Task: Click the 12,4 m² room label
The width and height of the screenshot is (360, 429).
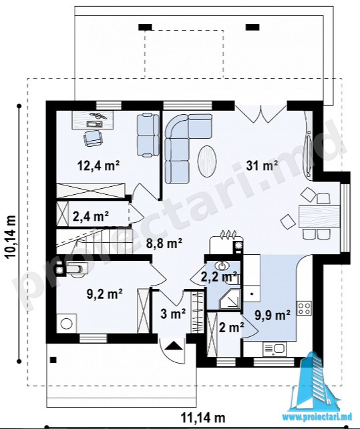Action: tap(98, 165)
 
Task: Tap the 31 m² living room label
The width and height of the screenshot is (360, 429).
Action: tap(262, 165)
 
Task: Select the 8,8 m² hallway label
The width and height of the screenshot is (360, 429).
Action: tap(164, 244)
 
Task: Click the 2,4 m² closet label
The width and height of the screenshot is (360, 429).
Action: tap(91, 216)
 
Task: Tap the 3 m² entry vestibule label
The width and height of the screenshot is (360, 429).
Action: tap(173, 314)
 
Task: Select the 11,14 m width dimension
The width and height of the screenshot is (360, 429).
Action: tap(203, 418)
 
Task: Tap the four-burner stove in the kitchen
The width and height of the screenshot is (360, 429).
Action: tap(305, 308)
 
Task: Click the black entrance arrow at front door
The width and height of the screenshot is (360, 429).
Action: tap(174, 346)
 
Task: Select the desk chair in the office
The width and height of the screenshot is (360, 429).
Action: tap(94, 137)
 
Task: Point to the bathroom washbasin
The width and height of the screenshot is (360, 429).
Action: tap(223, 266)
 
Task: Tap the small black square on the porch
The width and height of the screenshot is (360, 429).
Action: tap(53, 360)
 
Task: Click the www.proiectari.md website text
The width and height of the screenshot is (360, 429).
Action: tap(321, 425)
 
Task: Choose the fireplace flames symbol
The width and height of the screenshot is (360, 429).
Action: tap(228, 234)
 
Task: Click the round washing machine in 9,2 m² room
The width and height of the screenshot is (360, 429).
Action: tap(66, 324)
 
